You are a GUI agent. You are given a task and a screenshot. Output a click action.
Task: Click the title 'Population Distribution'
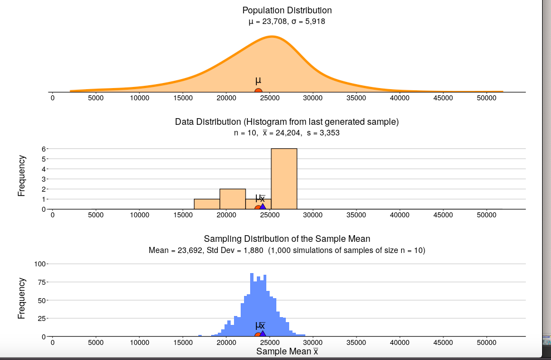pyautogui.click(x=287, y=11)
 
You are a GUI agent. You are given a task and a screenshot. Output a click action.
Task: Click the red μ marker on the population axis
pyautogui.click(x=258, y=91)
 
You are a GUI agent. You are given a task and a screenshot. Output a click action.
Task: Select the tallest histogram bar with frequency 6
pyautogui.click(x=284, y=178)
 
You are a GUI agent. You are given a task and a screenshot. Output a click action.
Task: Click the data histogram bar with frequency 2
pyautogui.click(x=232, y=198)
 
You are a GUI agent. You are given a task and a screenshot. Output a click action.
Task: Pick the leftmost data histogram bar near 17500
pyautogui.click(x=207, y=204)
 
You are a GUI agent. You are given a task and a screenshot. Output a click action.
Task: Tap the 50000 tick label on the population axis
pyautogui.click(x=486, y=98)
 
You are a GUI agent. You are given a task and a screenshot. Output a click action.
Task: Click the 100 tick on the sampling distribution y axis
pyautogui.click(x=40, y=264)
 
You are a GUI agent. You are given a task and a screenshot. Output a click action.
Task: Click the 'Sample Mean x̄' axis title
pyautogui.click(x=287, y=351)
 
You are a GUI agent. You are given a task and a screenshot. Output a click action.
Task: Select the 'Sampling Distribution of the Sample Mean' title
pyautogui.click(x=287, y=239)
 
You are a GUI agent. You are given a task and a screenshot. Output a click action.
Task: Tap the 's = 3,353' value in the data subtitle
pyautogui.click(x=323, y=133)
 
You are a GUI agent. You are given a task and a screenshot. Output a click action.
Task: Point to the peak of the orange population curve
pyautogui.click(x=272, y=37)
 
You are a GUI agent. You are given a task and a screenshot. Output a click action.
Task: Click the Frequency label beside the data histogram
pyautogui.click(x=22, y=176)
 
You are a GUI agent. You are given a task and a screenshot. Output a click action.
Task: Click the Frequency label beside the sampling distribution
pyautogui.click(x=22, y=298)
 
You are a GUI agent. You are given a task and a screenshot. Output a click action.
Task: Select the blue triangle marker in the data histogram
pyautogui.click(x=263, y=207)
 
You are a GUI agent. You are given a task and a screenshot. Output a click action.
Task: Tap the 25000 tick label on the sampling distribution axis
pyautogui.click(x=270, y=342)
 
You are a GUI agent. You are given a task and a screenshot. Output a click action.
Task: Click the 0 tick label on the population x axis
pyautogui.click(x=52, y=98)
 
